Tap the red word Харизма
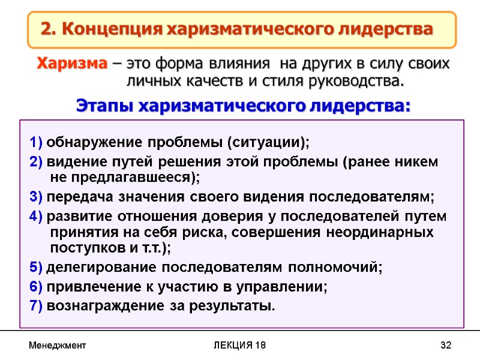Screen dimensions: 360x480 (73, 63)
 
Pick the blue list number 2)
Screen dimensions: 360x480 (36, 162)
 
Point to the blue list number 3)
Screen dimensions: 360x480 (36, 197)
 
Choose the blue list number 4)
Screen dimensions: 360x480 (36, 216)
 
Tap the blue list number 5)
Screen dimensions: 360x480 (36, 267)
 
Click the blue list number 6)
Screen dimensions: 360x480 (36, 287)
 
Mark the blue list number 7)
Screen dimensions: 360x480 (36, 306)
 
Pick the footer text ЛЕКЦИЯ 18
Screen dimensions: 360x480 (240, 346)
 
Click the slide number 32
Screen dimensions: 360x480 (445, 346)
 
